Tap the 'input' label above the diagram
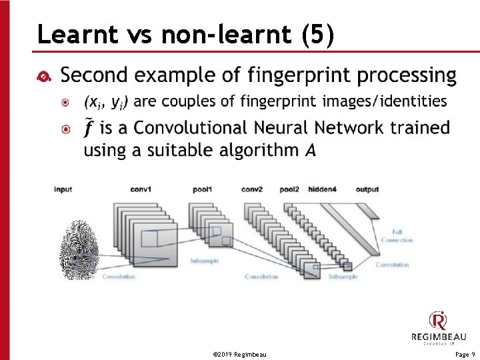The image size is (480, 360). point(63,190)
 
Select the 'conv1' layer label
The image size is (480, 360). point(141,190)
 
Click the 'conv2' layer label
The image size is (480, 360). point(252,190)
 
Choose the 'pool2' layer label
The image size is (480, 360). point(289,190)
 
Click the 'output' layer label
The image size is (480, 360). point(367,190)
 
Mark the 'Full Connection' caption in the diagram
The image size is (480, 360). point(397,236)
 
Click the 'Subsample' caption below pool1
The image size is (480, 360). point(204,261)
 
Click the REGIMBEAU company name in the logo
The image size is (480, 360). point(438,337)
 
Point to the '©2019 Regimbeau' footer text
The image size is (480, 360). point(239,355)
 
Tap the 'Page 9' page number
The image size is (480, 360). point(465,355)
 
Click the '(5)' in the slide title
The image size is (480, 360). point(317,35)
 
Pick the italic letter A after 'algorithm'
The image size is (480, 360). point(311,150)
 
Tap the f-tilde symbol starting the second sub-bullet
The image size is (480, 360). point(87,127)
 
